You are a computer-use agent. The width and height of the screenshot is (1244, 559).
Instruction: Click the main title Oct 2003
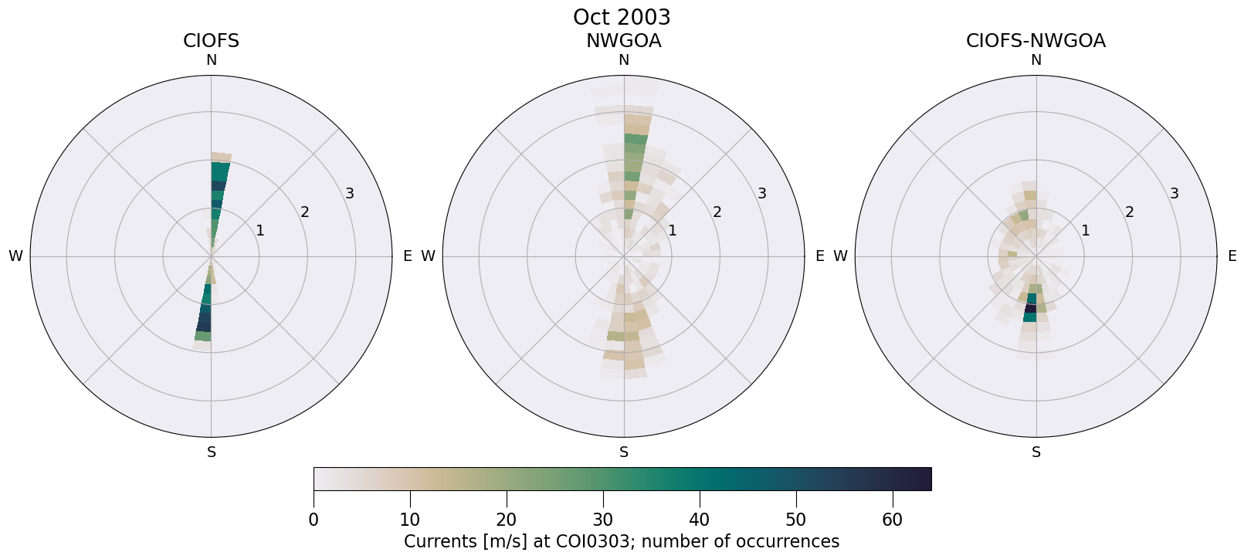tap(622, 17)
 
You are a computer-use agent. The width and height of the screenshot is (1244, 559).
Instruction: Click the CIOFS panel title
tap(211, 41)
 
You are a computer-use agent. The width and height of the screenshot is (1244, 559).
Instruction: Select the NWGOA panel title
tap(623, 41)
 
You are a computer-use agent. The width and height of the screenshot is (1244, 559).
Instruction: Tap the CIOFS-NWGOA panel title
tap(1036, 41)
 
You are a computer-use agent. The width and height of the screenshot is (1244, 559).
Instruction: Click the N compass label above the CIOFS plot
tap(211, 60)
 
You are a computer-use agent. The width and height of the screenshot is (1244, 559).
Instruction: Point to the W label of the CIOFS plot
tap(15, 256)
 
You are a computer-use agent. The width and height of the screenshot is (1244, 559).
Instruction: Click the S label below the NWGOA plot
tap(624, 452)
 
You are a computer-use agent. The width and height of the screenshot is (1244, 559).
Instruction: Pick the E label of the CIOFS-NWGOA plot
tap(1232, 256)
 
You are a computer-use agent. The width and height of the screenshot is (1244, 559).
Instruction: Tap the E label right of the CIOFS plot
tap(407, 256)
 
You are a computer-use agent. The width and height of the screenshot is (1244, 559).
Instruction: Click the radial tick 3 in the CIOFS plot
tap(350, 194)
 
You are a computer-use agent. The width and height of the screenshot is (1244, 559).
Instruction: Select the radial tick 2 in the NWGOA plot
tap(717, 212)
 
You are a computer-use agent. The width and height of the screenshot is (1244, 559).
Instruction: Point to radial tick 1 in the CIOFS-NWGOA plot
tap(1085, 230)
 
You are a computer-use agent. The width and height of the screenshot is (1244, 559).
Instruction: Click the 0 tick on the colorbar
tap(314, 520)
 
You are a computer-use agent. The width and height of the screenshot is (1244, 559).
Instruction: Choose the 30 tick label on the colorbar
tap(603, 520)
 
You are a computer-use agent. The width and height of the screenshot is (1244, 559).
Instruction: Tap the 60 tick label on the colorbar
tap(892, 520)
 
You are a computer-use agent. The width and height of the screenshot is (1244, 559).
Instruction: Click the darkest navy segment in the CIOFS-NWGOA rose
tap(1030, 309)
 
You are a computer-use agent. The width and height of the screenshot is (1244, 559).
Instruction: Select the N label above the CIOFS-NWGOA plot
tap(1036, 60)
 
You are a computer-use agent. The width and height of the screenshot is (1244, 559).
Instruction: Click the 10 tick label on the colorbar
tap(410, 520)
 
